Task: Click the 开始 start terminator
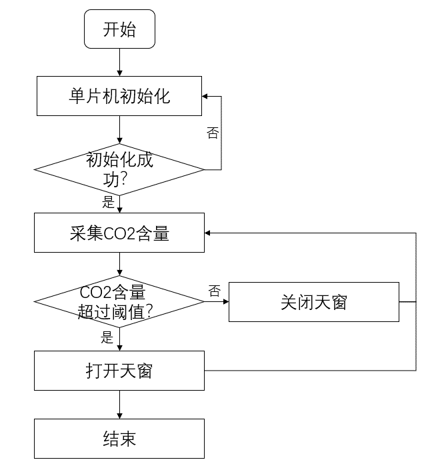[x=119, y=29]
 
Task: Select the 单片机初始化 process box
[x=119, y=96]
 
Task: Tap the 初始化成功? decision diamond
[x=119, y=169]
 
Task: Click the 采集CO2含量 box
[x=119, y=233]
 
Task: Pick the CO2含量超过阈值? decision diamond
[x=119, y=302]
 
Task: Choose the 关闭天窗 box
[x=313, y=302]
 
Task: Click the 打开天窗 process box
[x=119, y=370]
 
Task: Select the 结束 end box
[x=119, y=439]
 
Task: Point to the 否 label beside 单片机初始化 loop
[x=213, y=133]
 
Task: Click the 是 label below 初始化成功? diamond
[x=108, y=202]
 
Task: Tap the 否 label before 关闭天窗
[x=214, y=291]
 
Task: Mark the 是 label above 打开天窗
[x=107, y=337]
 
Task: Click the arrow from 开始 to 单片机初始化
[x=119, y=62]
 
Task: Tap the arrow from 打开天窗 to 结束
[x=119, y=405]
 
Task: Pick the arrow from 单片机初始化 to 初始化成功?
[x=119, y=131]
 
